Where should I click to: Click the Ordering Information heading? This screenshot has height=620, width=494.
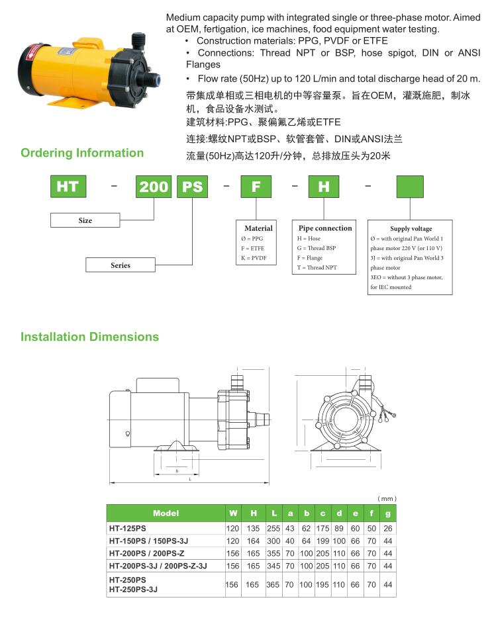pyautogui.click(x=82, y=153)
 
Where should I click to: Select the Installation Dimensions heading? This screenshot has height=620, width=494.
pyautogui.click(x=90, y=337)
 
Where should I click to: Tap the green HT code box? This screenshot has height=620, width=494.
pyautogui.click(x=68, y=187)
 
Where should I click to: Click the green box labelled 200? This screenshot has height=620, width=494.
pyautogui.click(x=154, y=187)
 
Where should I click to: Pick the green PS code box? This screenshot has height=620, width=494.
pyautogui.click(x=192, y=187)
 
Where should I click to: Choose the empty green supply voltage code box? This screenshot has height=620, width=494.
pyautogui.click(x=410, y=187)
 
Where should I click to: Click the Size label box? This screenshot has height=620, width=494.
pyautogui.click(x=85, y=220)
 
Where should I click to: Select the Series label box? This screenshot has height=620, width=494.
pyautogui.click(x=121, y=265)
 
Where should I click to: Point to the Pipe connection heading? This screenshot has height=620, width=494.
pyautogui.click(x=324, y=228)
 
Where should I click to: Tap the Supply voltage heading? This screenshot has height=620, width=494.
pyautogui.click(x=411, y=228)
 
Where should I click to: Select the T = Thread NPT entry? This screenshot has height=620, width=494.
pyautogui.click(x=317, y=268)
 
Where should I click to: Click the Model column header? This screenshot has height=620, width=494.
pyautogui.click(x=166, y=513)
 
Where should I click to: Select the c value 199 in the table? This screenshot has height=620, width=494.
pyautogui.click(x=322, y=541)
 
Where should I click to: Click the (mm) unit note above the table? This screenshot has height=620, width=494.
pyautogui.click(x=387, y=498)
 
